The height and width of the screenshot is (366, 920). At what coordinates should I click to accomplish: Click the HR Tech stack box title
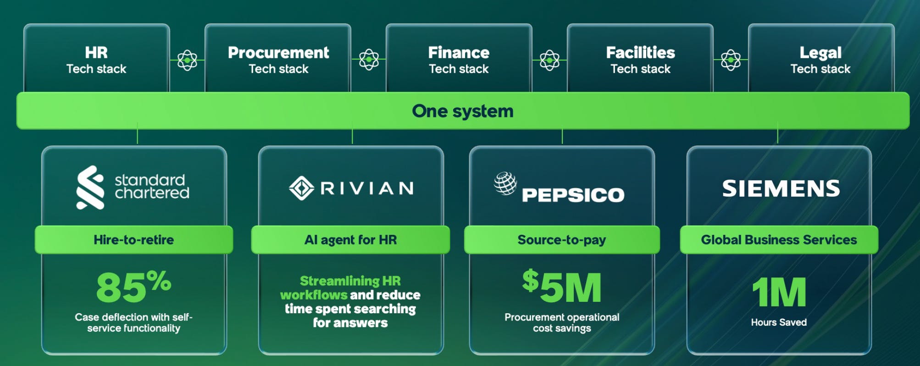pos(96,53)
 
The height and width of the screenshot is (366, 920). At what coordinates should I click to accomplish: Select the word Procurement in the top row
pos(278,53)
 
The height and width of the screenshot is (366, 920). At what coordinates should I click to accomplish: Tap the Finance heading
pos(459,53)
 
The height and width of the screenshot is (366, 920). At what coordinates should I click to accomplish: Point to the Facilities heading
pos(640,53)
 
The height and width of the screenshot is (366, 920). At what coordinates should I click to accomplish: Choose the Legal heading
pos(820,53)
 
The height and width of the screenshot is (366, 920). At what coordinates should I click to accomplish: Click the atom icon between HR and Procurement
pos(187,60)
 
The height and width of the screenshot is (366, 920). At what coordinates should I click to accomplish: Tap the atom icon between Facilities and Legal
pos(731,60)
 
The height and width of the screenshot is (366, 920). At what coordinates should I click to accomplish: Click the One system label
pos(462,111)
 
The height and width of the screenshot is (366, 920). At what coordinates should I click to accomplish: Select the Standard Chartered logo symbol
pos(90,188)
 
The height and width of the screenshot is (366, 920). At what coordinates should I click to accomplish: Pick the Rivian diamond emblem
pos(301,188)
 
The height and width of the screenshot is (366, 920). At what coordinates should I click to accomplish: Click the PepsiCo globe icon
pos(505,183)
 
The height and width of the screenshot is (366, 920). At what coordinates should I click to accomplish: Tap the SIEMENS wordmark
pos(781,189)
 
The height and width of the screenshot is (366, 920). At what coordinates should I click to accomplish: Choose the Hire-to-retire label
pos(133,240)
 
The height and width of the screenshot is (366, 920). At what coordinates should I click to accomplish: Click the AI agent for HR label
pos(350,240)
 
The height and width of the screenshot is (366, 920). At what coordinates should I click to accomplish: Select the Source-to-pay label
pos(562,240)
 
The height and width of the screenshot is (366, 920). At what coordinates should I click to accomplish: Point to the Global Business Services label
pos(779,240)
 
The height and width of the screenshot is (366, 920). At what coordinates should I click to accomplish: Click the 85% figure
pos(133,287)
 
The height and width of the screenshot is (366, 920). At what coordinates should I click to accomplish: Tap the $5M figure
pos(562,287)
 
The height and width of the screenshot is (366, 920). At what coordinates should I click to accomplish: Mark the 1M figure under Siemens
pos(779,292)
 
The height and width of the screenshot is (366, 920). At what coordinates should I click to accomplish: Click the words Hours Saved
pos(779,322)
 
